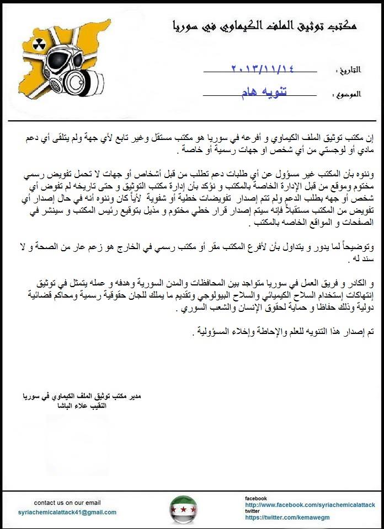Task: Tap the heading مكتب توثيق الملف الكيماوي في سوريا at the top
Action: pyautogui.click(x=264, y=25)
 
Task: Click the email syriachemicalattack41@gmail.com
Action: pyautogui.click(x=67, y=512)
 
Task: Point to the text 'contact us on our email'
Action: pyautogui.click(x=67, y=503)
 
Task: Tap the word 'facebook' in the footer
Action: pyautogui.click(x=256, y=498)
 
